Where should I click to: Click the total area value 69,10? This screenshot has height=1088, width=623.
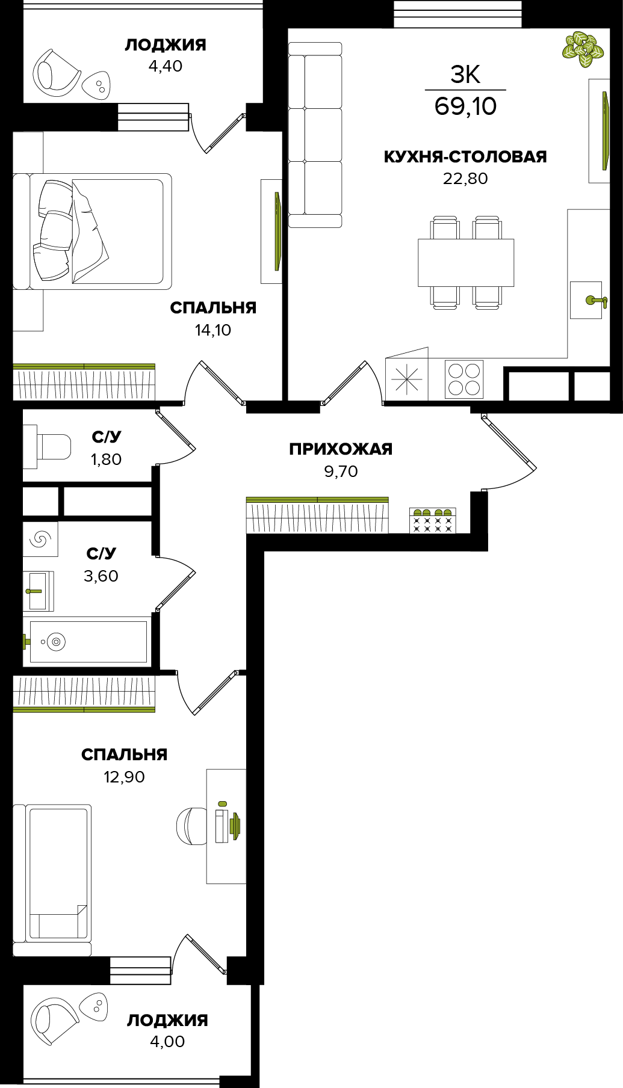tap(465, 106)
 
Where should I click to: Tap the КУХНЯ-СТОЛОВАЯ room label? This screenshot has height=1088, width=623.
tap(465, 156)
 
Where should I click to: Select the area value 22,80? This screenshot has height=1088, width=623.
tap(465, 179)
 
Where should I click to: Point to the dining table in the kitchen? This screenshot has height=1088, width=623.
tap(466, 263)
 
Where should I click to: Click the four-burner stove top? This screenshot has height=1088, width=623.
tap(464, 379)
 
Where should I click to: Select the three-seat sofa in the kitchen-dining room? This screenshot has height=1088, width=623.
tap(315, 135)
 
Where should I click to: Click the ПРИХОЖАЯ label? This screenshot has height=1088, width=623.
tap(341, 449)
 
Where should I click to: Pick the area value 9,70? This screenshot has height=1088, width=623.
tap(341, 472)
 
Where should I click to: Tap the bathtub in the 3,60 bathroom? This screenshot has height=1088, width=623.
tap(88, 642)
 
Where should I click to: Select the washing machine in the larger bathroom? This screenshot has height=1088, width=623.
tap(40, 539)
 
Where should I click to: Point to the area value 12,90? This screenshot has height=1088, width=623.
tap(124, 777)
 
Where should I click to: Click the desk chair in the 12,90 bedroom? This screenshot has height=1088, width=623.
tap(191, 826)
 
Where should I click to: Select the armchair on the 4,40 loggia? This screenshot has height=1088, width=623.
tap(55, 72)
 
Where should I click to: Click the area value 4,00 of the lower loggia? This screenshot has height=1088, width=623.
tap(167, 1042)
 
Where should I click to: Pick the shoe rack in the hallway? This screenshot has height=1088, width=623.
tap(432, 520)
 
